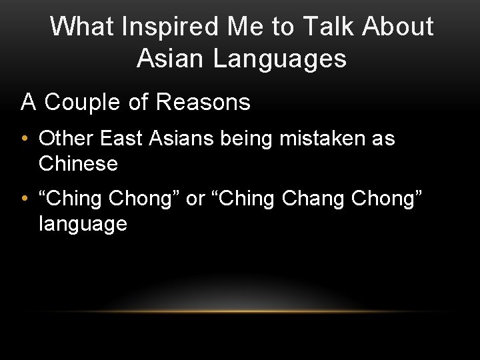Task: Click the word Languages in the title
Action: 280,58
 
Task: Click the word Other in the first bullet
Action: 67,139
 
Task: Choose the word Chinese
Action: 78,163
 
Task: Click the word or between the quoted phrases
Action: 195,199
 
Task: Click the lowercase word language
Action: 83,224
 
